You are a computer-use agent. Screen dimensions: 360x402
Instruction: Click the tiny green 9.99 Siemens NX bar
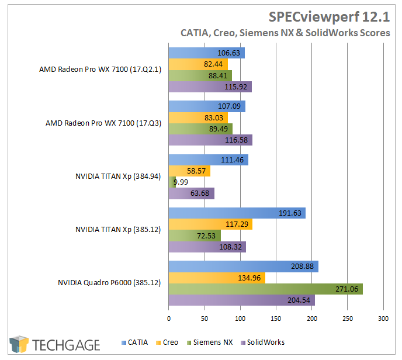click(x=172, y=182)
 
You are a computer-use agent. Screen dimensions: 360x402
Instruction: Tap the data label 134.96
click(x=252, y=278)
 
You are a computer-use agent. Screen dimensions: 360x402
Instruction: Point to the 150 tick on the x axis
click(x=276, y=318)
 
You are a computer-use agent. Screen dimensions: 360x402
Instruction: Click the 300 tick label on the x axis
click(x=383, y=318)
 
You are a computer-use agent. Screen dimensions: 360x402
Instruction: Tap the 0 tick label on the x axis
click(x=169, y=318)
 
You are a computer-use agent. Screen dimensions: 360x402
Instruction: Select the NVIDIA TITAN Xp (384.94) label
click(x=119, y=176)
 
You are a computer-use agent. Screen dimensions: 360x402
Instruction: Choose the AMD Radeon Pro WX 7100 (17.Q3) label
click(x=104, y=123)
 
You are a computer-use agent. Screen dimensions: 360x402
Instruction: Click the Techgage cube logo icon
click(x=19, y=344)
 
